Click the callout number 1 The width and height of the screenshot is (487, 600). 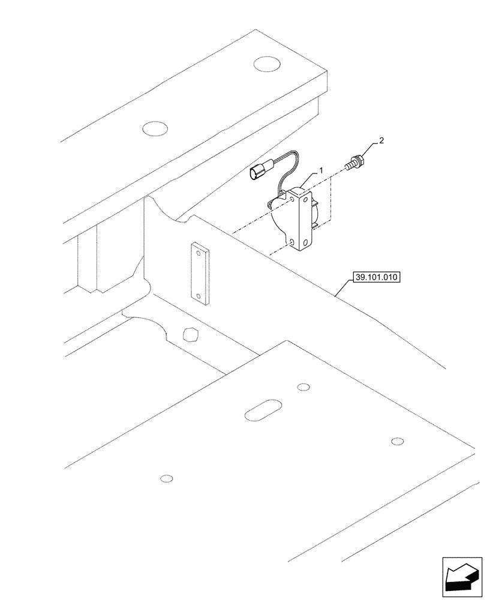321,171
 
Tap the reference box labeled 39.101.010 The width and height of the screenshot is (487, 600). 376,277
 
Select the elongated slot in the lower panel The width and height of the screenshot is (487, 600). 262,412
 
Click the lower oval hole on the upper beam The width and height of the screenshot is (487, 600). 154,128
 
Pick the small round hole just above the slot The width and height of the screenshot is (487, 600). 303,386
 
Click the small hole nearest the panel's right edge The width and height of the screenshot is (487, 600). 396,442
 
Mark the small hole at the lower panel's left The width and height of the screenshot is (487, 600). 167,478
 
